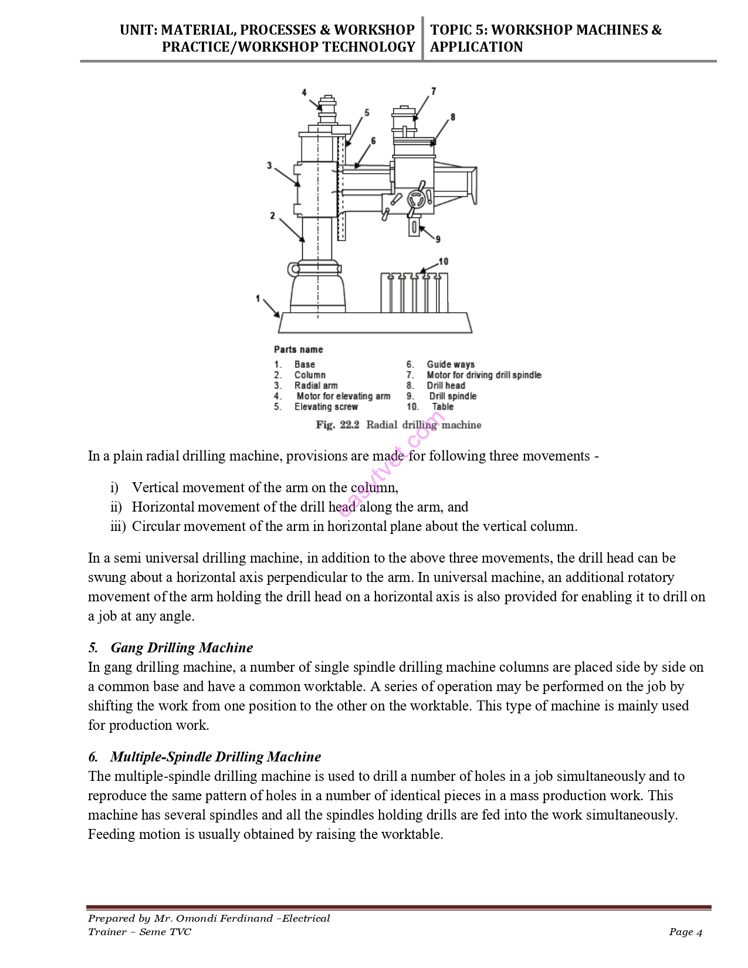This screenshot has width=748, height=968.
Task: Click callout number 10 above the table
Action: click(x=444, y=262)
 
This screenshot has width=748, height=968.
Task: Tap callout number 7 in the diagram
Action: click(x=434, y=91)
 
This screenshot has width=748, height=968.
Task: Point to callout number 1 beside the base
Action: click(x=258, y=299)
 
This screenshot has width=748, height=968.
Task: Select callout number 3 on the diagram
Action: click(x=269, y=165)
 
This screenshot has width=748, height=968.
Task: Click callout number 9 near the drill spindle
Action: click(x=438, y=239)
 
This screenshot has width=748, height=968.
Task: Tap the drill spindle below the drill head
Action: click(x=414, y=226)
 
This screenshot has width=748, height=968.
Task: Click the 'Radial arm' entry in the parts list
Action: click(x=316, y=385)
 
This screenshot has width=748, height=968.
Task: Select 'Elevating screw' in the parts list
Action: click(x=326, y=407)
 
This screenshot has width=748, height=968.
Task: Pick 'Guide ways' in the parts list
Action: click(x=451, y=364)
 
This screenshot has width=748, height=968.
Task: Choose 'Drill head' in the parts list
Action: click(x=446, y=385)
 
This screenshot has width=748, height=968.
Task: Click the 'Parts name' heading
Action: click(x=298, y=349)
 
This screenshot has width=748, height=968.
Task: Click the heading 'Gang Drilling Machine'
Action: click(x=181, y=648)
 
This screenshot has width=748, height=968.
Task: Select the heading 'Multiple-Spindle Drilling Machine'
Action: click(x=215, y=757)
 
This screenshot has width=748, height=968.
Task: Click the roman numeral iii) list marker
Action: click(x=118, y=526)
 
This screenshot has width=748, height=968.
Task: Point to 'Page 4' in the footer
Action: click(x=685, y=932)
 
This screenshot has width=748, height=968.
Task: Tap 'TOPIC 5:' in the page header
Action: click(x=459, y=30)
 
